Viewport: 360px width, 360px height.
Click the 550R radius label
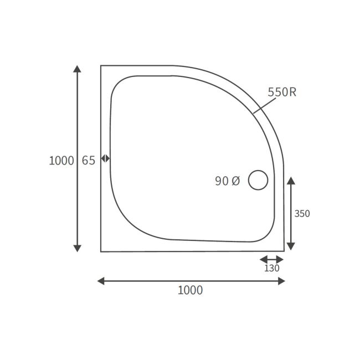(x=282, y=92)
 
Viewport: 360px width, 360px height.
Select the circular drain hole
(x=258, y=180)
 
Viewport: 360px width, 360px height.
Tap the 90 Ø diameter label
(x=227, y=181)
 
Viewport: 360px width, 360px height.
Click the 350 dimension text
(x=302, y=214)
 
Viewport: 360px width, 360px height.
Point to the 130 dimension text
(x=271, y=269)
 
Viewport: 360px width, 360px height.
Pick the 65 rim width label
(x=89, y=161)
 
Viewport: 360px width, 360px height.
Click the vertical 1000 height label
(x=61, y=161)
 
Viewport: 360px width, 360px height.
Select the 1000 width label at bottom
(x=190, y=290)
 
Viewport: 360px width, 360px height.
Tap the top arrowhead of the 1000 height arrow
(x=78, y=69)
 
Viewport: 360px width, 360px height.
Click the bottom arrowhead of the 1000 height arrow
(x=78, y=248)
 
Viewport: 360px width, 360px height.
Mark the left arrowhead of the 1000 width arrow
(x=101, y=281)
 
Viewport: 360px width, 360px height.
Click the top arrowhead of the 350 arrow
(x=291, y=181)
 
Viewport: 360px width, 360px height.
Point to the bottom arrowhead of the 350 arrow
(x=291, y=246)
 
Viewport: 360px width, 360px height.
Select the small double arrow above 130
(x=271, y=259)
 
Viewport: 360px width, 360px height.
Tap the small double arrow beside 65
(x=105, y=158)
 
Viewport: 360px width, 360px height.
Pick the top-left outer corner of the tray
(x=101, y=65)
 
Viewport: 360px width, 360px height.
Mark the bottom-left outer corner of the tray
(x=101, y=251)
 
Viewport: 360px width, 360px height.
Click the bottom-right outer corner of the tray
(x=284, y=251)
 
